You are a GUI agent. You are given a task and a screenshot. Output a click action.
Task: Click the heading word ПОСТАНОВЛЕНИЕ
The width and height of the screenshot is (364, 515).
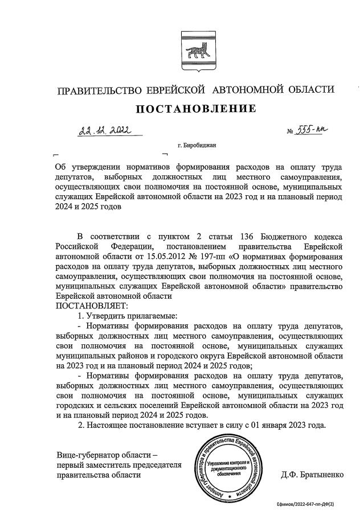pyautogui.click(x=195, y=109)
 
